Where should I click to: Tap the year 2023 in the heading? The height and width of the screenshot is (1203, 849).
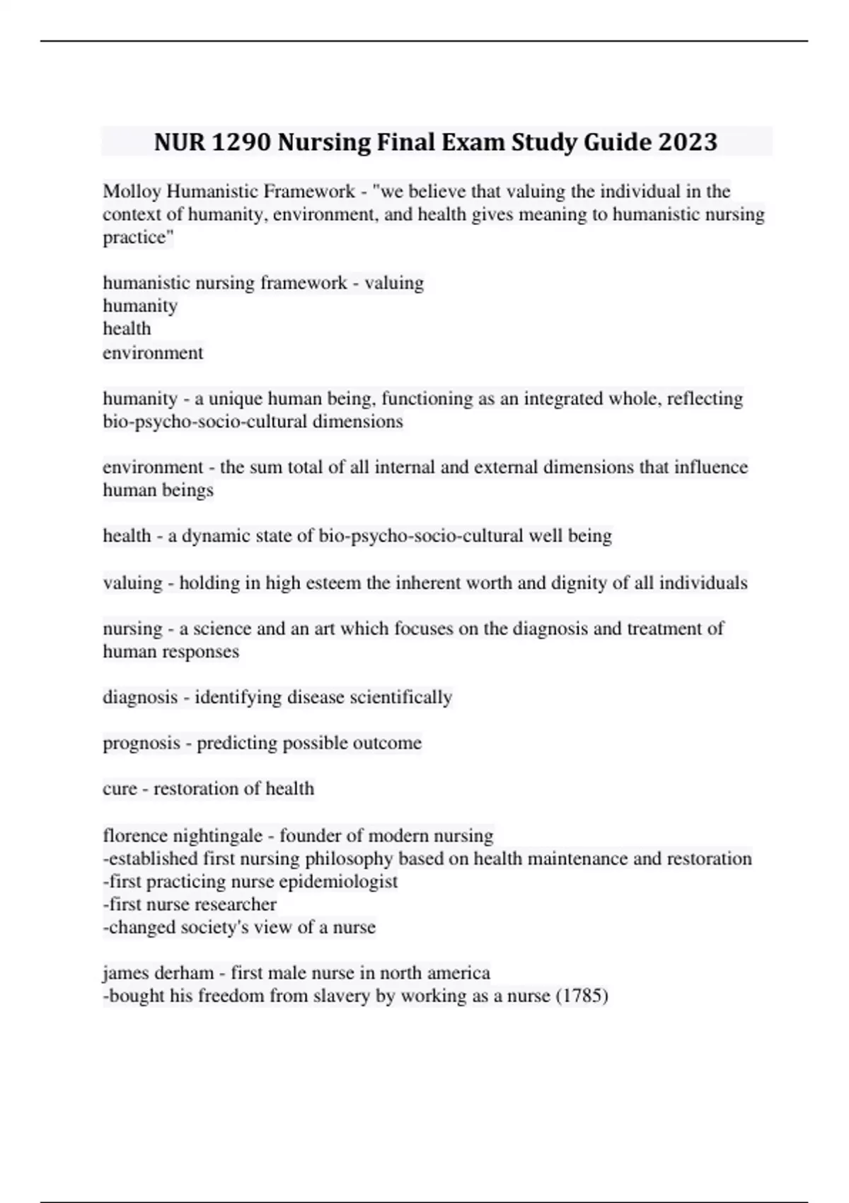tap(688, 142)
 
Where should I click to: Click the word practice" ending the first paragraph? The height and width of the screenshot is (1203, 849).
tap(138, 237)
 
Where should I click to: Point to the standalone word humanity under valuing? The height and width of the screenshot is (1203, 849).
tap(140, 306)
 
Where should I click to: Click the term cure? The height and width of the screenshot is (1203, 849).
tap(120, 788)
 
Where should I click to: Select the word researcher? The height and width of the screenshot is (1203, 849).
tap(237, 904)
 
